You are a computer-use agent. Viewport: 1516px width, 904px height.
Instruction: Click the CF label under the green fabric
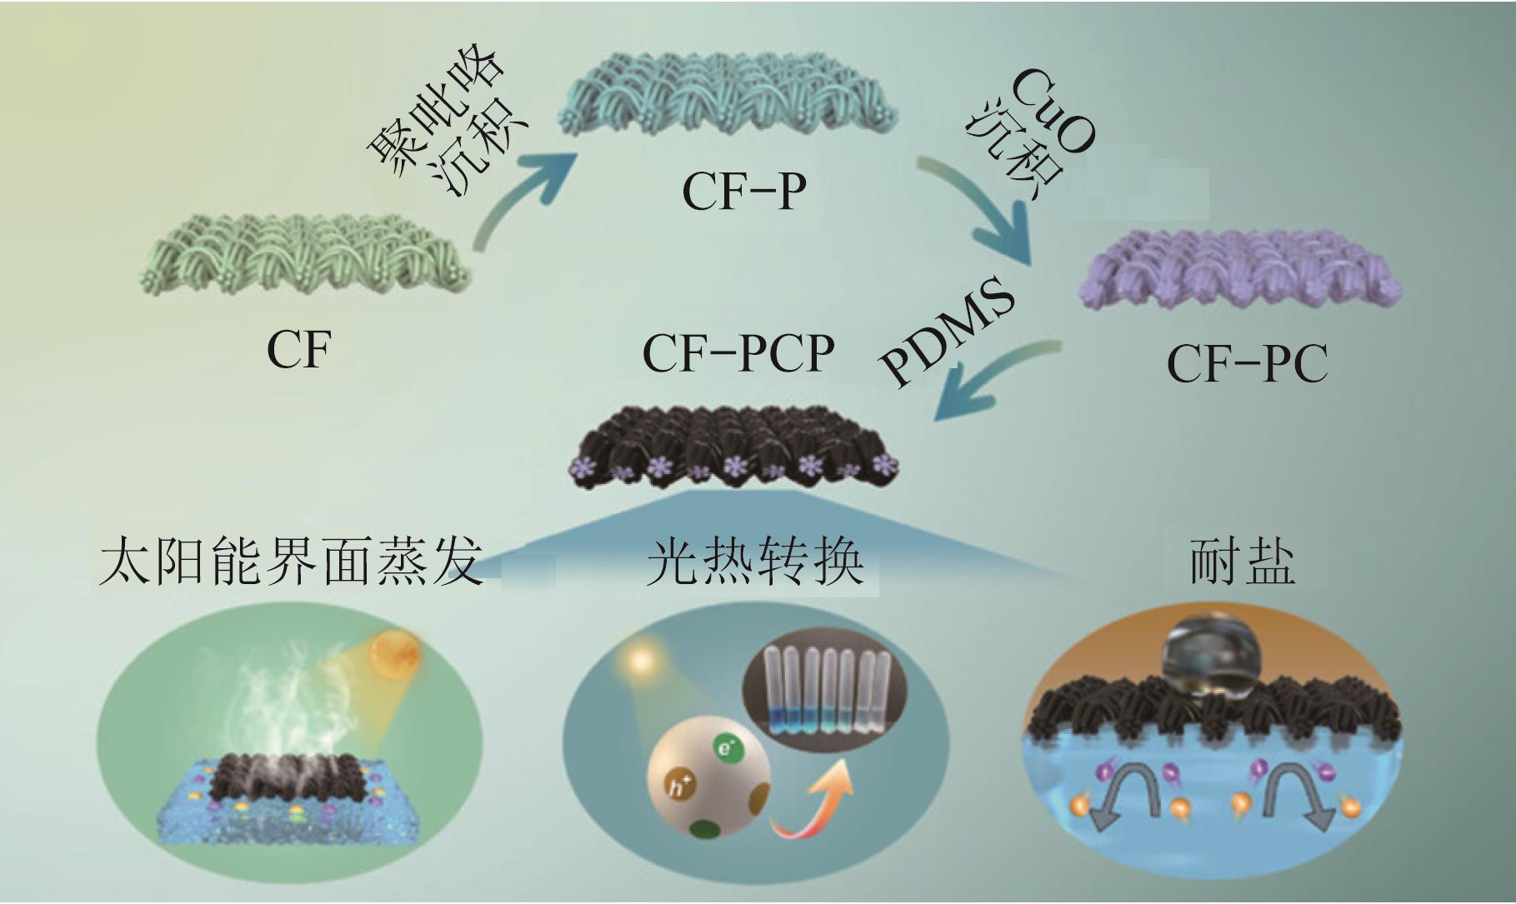298,351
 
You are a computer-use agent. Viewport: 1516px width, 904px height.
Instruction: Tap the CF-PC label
1247,364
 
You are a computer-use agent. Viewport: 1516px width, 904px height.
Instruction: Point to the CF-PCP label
738,353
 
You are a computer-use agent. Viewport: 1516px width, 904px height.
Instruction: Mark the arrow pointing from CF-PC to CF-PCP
992,379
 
